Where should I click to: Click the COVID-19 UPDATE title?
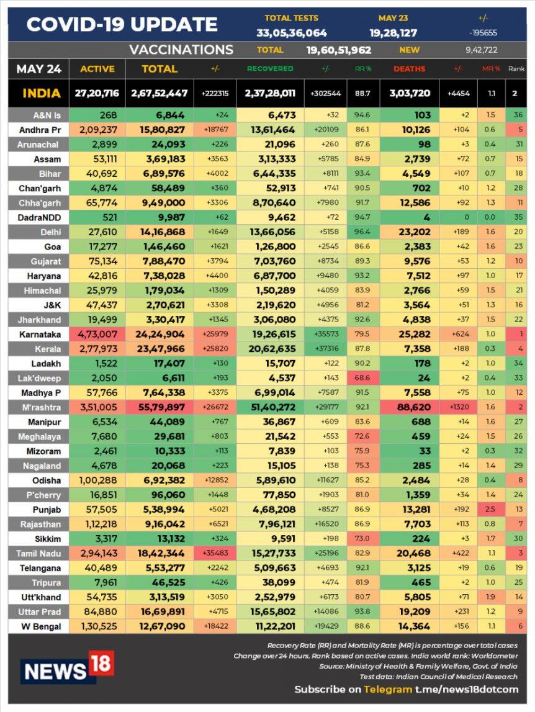point(122,24)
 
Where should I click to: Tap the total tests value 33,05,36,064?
point(292,33)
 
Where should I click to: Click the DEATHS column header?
point(410,69)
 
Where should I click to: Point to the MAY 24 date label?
point(39,69)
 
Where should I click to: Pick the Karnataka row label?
point(38,334)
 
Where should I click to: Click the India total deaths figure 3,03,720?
point(410,93)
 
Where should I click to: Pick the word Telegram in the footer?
point(388,689)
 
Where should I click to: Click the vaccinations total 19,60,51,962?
point(339,50)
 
